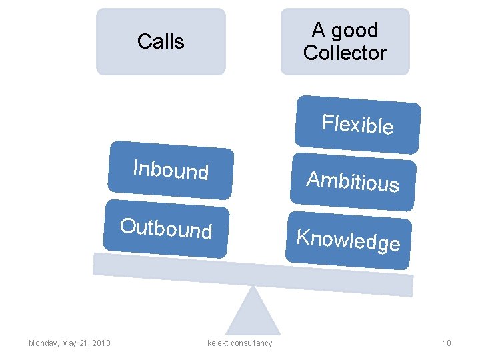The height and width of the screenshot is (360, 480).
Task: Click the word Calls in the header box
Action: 161,41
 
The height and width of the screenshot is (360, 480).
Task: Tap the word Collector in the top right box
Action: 345,53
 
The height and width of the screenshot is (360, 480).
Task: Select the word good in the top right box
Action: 354,31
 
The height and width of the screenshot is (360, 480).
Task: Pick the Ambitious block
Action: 352,181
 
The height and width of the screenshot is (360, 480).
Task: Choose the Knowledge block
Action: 348,240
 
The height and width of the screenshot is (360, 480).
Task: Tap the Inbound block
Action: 171,170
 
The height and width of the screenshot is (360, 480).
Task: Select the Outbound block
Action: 166,228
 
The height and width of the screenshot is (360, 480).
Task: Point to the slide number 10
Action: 447,343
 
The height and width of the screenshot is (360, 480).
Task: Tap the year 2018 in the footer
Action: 101,343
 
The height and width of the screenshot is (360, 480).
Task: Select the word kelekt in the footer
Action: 218,343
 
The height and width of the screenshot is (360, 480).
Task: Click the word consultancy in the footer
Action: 251,343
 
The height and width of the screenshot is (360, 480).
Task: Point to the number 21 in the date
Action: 83,343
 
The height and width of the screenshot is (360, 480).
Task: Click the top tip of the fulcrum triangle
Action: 253,288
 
